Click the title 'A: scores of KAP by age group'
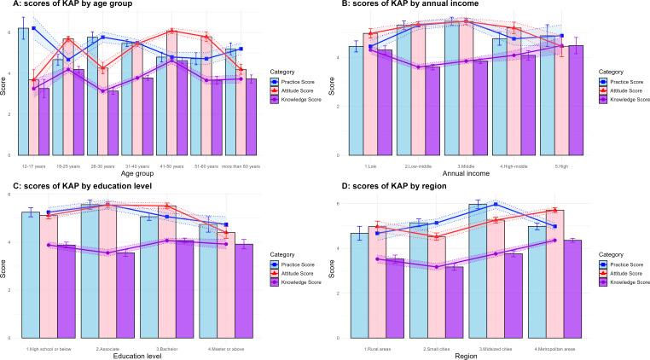tap(64, 5)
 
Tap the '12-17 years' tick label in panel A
tap(33, 159)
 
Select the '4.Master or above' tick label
tap(226, 348)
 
